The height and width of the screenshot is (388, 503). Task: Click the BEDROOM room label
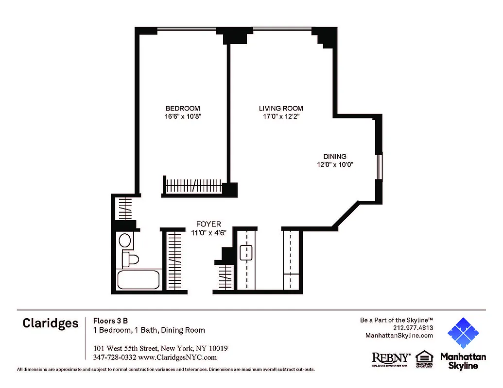(x=182, y=108)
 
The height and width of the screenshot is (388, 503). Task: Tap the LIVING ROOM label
(x=281, y=108)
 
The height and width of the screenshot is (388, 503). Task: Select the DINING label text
(x=335, y=156)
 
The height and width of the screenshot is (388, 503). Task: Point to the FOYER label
(x=208, y=224)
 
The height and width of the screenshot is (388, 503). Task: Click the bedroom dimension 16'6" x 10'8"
(x=183, y=116)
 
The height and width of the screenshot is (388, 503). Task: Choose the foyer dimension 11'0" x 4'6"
(x=208, y=232)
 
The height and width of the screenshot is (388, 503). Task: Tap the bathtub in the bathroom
(x=139, y=280)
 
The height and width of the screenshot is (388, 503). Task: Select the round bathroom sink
(x=125, y=241)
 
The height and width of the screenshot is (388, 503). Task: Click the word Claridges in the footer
(x=50, y=323)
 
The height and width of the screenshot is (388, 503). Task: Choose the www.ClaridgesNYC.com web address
(x=177, y=357)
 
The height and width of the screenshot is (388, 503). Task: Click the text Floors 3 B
(x=110, y=321)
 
